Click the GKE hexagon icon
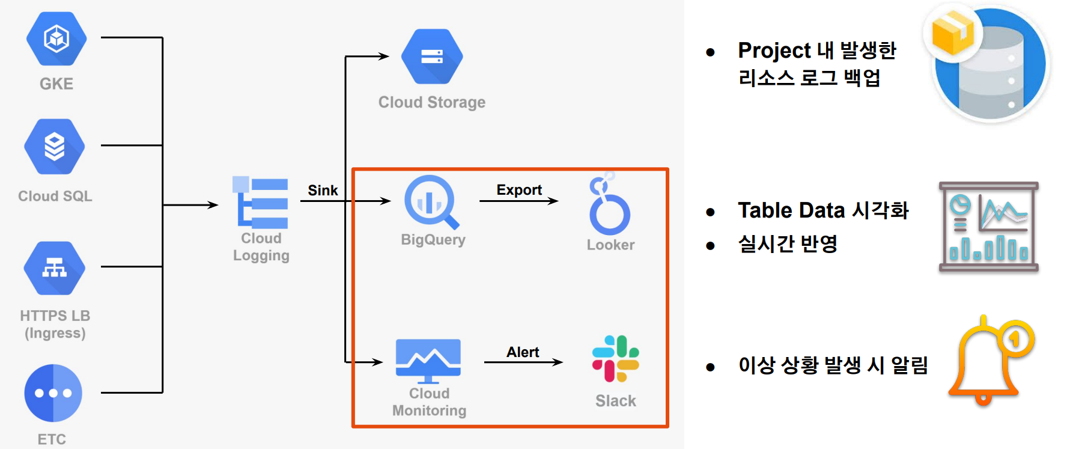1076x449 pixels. point(56,38)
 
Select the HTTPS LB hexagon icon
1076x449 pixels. point(55,268)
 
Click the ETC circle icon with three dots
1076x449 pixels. point(53,393)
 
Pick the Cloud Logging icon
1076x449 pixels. point(261,203)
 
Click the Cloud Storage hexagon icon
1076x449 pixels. point(432,57)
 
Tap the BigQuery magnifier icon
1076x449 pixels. point(431,202)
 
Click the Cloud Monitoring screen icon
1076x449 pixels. point(428,360)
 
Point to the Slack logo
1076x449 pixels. point(615,359)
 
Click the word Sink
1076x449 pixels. point(323,191)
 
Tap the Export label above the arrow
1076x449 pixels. point(519,190)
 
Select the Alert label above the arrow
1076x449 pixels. point(523,352)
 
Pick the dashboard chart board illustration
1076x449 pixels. point(988,227)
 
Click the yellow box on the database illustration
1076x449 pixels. point(952,33)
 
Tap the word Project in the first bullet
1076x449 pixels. point(774,51)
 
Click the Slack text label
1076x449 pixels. point(615,401)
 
